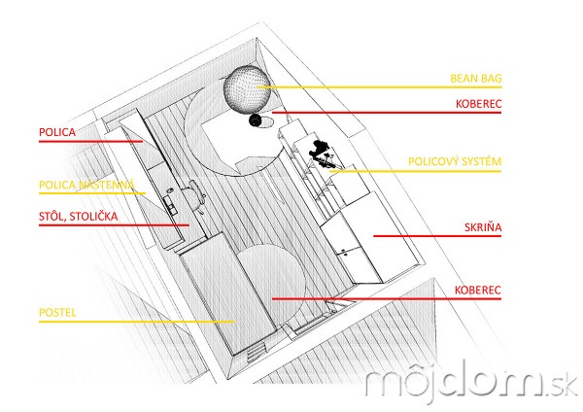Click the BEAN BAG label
[476, 79]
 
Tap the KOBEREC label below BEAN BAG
[478, 104]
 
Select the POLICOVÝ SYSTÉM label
[455, 161]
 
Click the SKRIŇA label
[483, 227]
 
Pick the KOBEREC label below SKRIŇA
[478, 290]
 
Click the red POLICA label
[57, 132]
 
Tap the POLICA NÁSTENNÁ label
[86, 185]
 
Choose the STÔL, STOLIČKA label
[79, 217]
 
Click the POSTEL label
[57, 312]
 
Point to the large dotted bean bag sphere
[247, 89]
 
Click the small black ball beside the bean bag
[255, 120]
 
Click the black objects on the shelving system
[322, 154]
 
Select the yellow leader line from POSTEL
[137, 322]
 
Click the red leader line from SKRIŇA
[437, 236]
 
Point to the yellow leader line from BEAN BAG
[379, 87]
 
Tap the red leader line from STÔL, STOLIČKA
[114, 225]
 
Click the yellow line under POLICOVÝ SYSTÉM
[415, 171]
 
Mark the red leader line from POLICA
[90, 141]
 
